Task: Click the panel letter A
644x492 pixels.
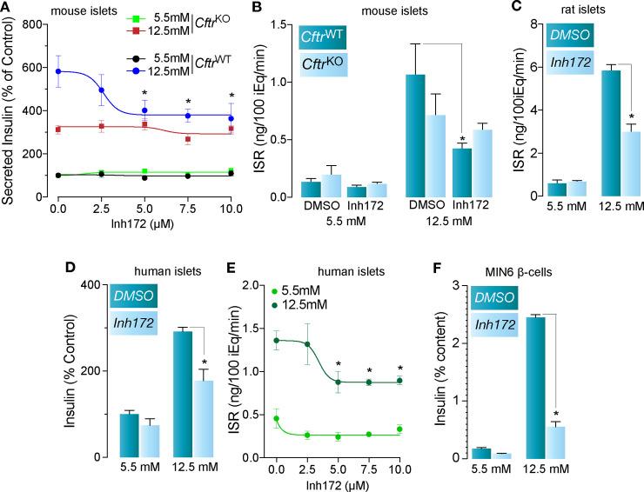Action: coord(7,8)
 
